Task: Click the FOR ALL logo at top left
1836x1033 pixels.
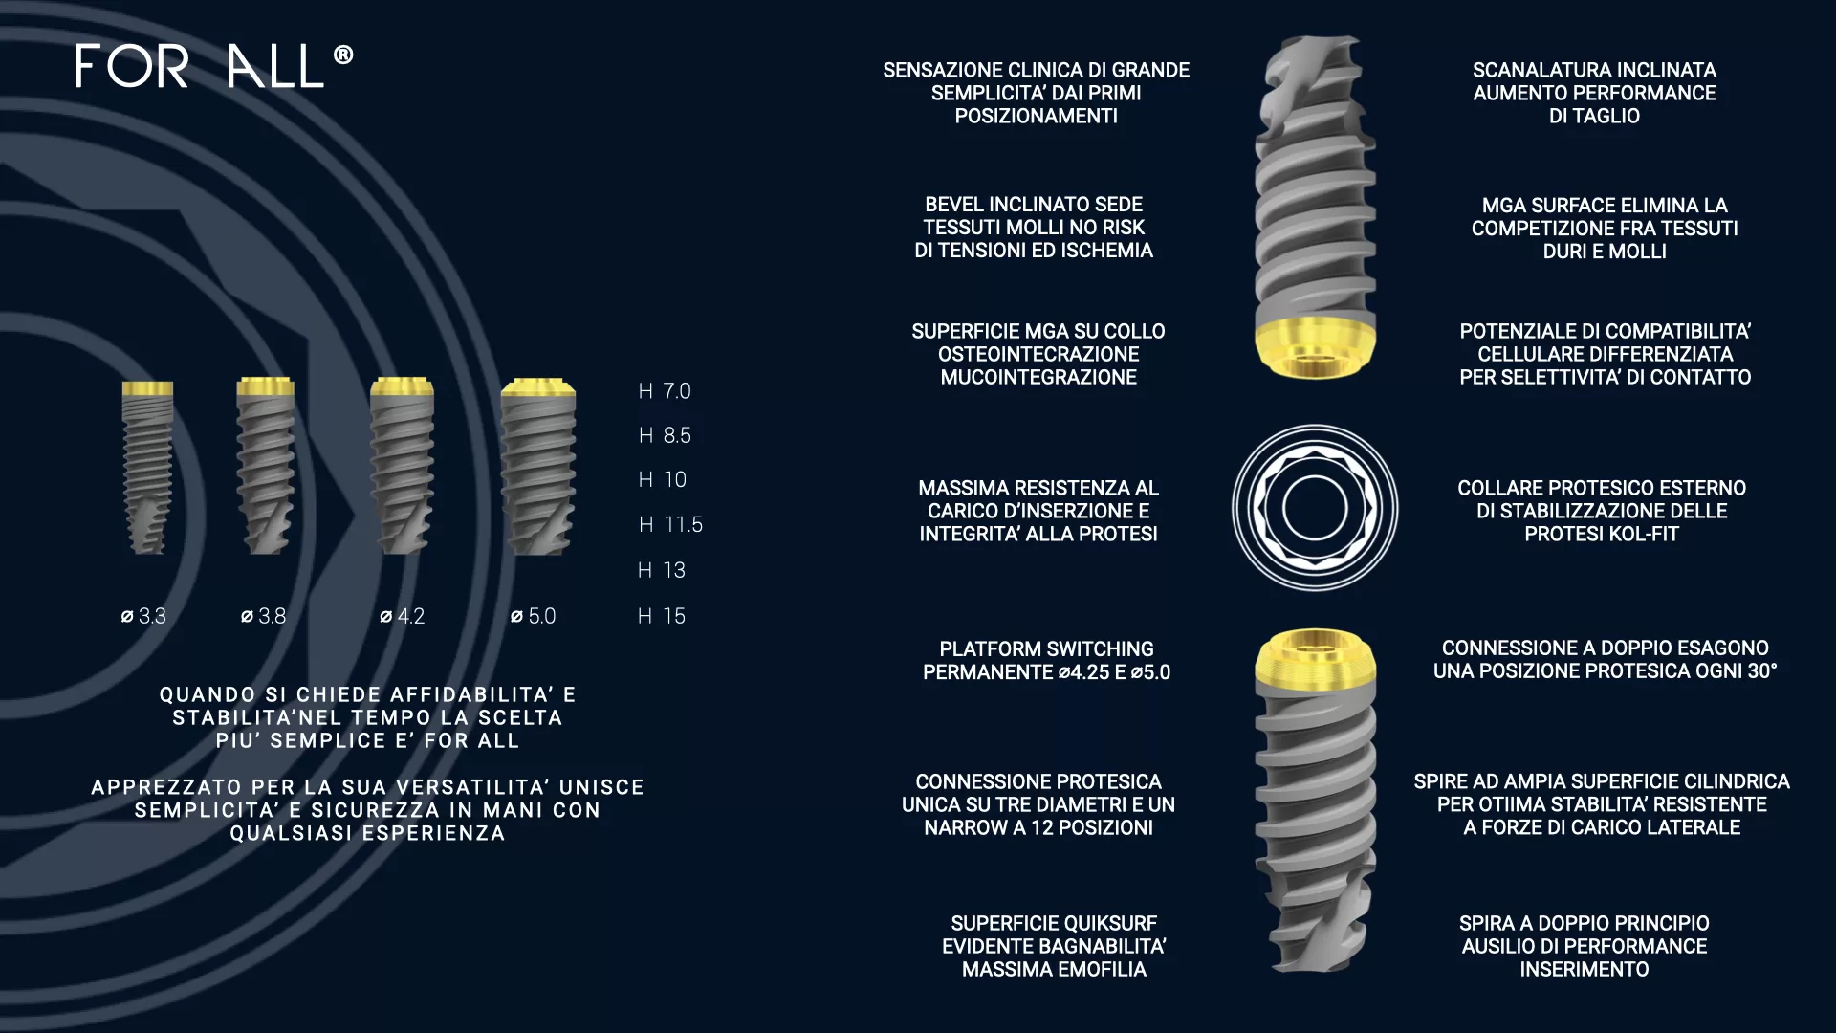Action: [214, 66]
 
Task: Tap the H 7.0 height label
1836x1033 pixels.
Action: [665, 391]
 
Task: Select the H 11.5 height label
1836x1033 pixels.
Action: [670, 524]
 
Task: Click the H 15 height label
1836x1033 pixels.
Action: [662, 616]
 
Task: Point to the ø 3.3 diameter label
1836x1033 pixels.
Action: [143, 616]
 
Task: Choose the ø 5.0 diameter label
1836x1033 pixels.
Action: [533, 616]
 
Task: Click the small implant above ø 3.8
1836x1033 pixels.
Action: [265, 466]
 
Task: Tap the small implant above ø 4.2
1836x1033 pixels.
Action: [402, 466]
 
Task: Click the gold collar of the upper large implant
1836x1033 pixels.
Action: [1315, 345]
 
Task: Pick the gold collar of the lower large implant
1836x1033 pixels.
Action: [1315, 660]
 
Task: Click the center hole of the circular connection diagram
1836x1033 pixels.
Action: [1315, 508]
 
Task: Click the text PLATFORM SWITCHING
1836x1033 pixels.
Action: [1046, 648]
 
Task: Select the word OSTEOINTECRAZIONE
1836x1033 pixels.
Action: [1038, 354]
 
